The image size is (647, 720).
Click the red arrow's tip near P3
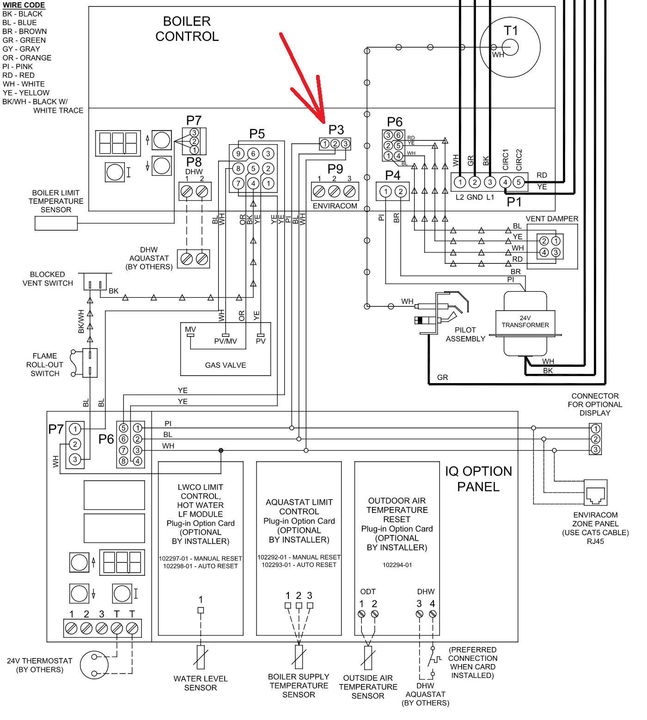pyautogui.click(x=324, y=122)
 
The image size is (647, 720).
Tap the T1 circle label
pyautogui.click(x=511, y=31)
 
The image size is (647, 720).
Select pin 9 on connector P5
pyautogui.click(x=238, y=154)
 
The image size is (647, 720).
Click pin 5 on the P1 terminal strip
pyautogui.click(x=519, y=182)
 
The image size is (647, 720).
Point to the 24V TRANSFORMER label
pyautogui.click(x=525, y=322)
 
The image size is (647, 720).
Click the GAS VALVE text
pyautogui.click(x=226, y=365)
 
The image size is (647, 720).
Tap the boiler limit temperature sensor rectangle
pyautogui.click(x=56, y=223)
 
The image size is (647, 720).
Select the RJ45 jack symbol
pyautogui.click(x=596, y=493)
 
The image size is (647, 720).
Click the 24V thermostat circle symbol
pyautogui.click(x=94, y=665)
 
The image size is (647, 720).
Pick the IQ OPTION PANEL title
pyautogui.click(x=478, y=479)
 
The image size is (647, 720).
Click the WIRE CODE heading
pyautogui.click(x=24, y=5)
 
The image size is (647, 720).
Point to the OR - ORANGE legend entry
pyautogui.click(x=27, y=58)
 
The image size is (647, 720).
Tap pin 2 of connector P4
pyautogui.click(x=401, y=191)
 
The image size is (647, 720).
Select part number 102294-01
pyautogui.click(x=397, y=565)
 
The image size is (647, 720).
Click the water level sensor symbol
pyautogui.click(x=201, y=657)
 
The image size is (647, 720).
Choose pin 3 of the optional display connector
pyautogui.click(x=596, y=450)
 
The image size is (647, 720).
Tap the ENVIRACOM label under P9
pyautogui.click(x=335, y=206)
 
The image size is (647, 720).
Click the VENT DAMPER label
pyautogui.click(x=552, y=219)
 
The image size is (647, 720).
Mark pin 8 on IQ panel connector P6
pyautogui.click(x=123, y=461)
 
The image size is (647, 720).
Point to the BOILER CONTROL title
pyautogui.click(x=187, y=29)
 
